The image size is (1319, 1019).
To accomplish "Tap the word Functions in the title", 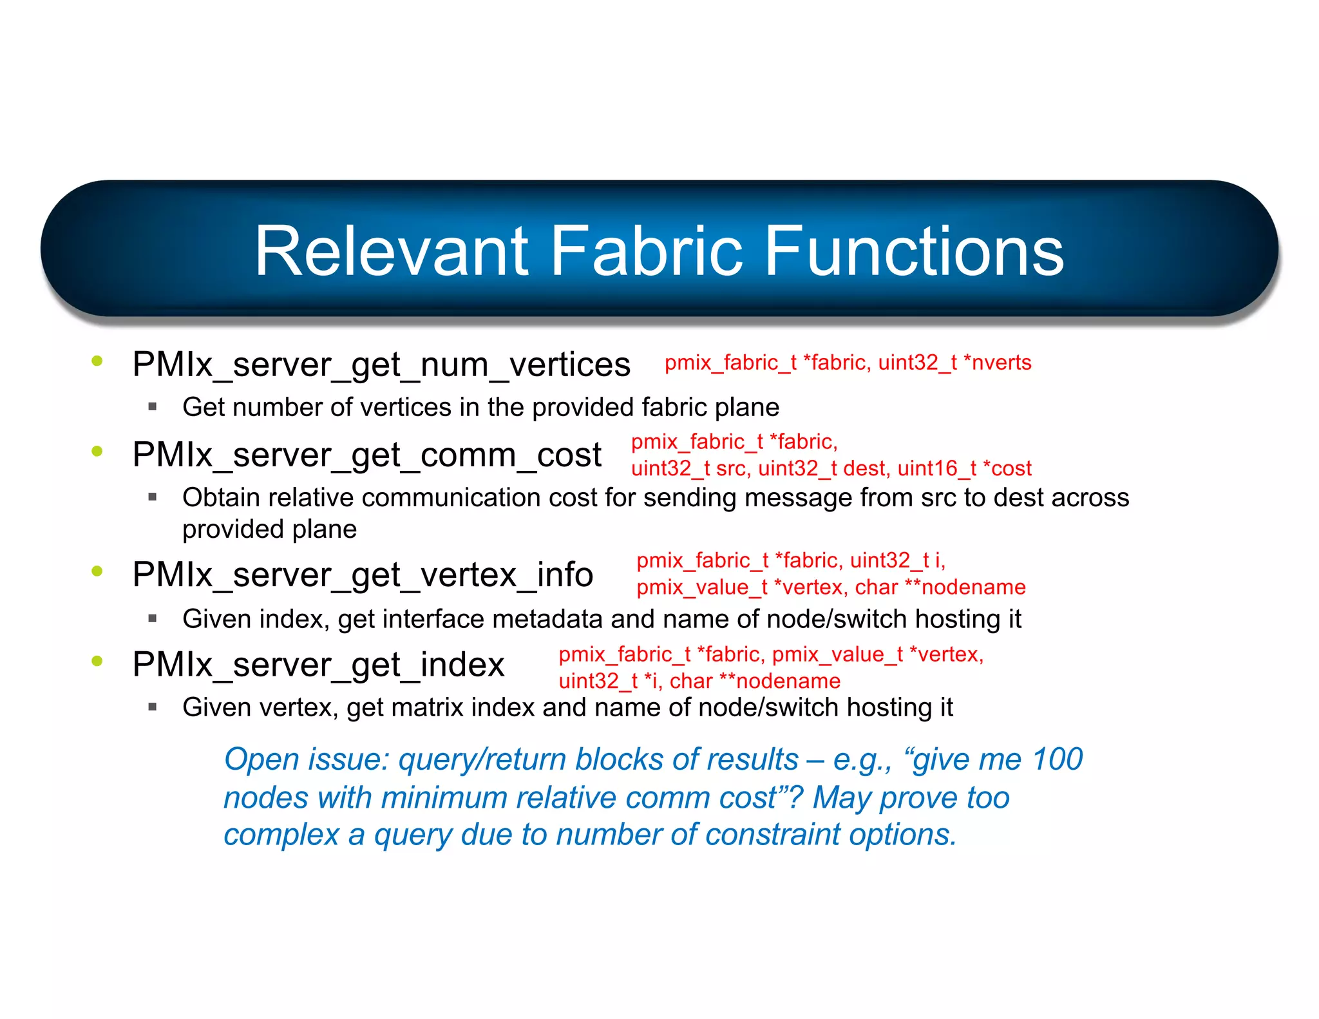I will tap(915, 251).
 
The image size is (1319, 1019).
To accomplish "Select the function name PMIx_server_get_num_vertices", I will tap(381, 365).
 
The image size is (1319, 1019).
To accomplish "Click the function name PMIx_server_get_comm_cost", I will tap(367, 455).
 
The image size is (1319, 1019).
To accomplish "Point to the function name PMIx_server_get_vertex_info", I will tap(363, 575).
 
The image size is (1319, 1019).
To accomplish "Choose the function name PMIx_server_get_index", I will tap(318, 665).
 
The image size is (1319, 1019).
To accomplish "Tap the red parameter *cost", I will tap(1007, 468).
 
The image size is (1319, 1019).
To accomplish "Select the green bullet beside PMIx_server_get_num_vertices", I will tap(97, 361).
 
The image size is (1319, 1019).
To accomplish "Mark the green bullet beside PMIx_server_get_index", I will tap(97, 661).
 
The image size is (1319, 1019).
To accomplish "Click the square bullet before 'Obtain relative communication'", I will tap(153, 497).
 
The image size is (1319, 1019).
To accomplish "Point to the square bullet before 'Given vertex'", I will tap(153, 707).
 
